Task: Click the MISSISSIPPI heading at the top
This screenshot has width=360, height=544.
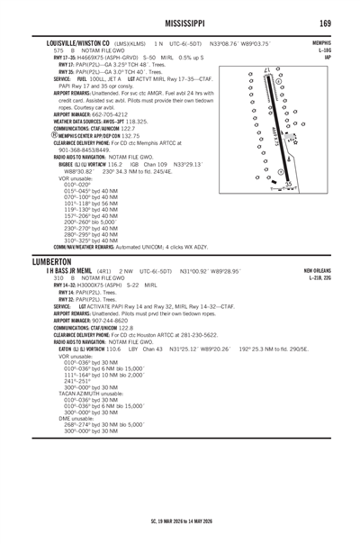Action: click(x=179, y=22)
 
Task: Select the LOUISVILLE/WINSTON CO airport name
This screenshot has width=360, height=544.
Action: click(x=71, y=42)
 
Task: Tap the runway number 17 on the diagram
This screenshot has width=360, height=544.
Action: click(x=266, y=70)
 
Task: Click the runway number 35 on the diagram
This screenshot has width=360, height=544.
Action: click(x=288, y=183)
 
